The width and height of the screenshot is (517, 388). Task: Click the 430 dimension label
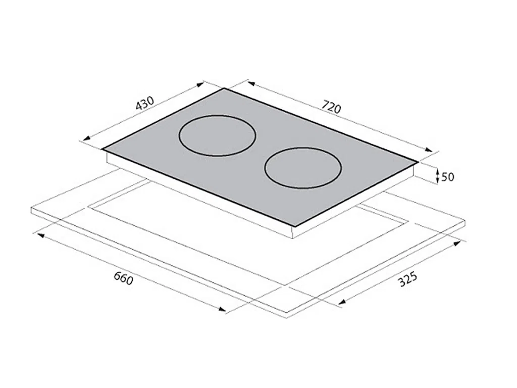[x=145, y=103]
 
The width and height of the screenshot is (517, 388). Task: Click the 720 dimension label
[x=331, y=107]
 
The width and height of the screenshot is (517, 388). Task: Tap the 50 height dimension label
[x=447, y=177]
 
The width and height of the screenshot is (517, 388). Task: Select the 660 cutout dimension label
[x=124, y=278]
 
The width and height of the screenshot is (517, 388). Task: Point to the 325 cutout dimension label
[x=408, y=279]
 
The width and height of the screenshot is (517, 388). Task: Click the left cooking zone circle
[x=179, y=136]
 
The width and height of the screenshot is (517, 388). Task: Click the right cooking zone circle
[x=265, y=168]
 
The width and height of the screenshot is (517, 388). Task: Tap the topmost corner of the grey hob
[x=224, y=88]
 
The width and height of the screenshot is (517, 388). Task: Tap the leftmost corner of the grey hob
[x=102, y=149]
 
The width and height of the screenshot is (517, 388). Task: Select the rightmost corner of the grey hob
[x=418, y=162]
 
